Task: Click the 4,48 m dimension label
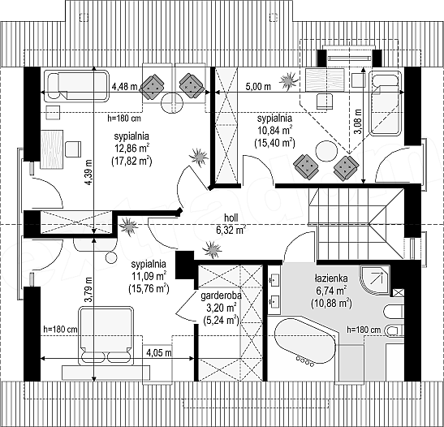(124, 86)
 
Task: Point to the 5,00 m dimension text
(258, 86)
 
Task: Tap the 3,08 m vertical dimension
(359, 122)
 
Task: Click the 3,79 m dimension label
(89, 289)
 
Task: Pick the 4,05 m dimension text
(159, 353)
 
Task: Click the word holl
(231, 218)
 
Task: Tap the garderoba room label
(221, 296)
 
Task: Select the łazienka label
(331, 278)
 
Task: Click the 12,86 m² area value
(131, 148)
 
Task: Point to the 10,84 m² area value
(274, 130)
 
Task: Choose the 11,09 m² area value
(149, 276)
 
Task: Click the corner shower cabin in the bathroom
(374, 280)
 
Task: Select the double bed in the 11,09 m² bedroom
(106, 335)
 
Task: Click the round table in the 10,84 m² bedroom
(327, 151)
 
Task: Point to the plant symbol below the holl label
(212, 249)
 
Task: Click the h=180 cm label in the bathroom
(364, 330)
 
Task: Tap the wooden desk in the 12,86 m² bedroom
(51, 149)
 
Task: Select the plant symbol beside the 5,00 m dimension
(289, 81)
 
